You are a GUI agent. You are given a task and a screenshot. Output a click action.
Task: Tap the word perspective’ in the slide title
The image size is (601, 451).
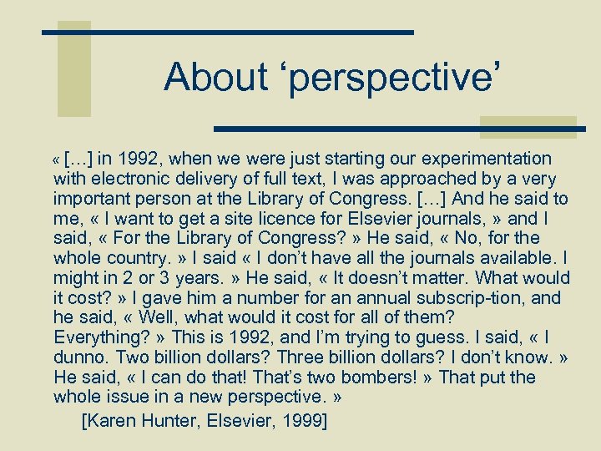391,79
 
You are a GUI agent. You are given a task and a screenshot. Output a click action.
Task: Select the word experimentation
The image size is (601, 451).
487,159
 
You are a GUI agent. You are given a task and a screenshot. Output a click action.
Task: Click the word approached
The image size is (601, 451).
432,179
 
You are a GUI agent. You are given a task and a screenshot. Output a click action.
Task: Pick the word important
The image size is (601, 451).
93,199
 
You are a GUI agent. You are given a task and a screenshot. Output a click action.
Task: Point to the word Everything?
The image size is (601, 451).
98,337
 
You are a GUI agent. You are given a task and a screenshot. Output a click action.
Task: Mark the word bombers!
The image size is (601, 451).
380,378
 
